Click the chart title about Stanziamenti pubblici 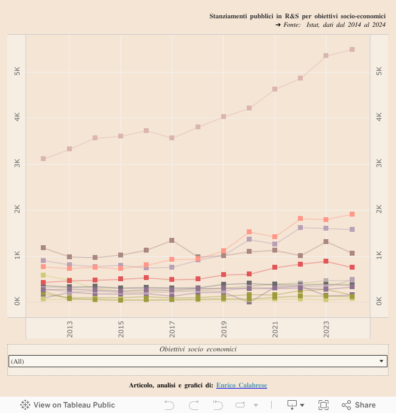297,15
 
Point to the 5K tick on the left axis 17,71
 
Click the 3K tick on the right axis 379,163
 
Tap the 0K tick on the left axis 17,301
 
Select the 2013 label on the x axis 69,328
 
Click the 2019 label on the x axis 224,328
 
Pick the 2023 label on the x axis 326,328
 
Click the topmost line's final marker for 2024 352,49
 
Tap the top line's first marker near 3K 43,159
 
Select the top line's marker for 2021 275,89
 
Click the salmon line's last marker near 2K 352,214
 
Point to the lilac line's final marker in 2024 352,229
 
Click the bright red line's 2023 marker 326,261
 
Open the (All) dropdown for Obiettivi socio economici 198,361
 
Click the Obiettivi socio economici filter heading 198,349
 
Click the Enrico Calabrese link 241,385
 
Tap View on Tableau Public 68,404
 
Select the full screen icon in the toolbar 324,404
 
